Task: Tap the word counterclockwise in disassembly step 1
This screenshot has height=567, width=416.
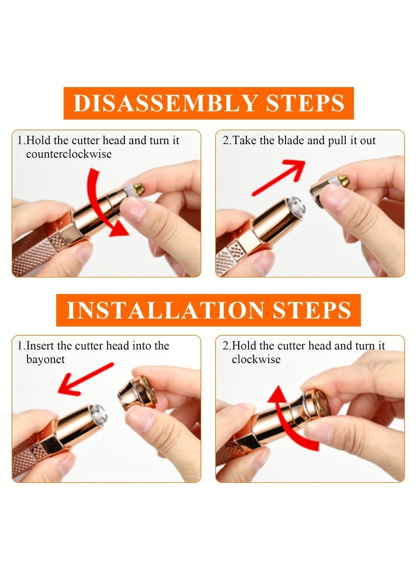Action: pyautogui.click(x=69, y=154)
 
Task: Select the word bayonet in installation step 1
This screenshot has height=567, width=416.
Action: pyautogui.click(x=45, y=360)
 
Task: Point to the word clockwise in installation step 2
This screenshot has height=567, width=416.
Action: pyautogui.click(x=256, y=360)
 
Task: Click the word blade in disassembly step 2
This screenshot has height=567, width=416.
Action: pyautogui.click(x=291, y=140)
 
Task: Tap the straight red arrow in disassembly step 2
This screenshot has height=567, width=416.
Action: pyautogui.click(x=278, y=177)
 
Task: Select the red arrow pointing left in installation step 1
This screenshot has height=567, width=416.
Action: pyautogui.click(x=85, y=379)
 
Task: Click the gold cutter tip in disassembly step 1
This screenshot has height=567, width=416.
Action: pyautogui.click(x=138, y=188)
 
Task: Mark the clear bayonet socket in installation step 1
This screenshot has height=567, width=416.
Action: pyautogui.click(x=98, y=413)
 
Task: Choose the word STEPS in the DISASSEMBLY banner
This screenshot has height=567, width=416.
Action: pyautogui.click(x=305, y=103)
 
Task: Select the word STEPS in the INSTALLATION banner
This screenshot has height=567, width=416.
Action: pyautogui.click(x=311, y=310)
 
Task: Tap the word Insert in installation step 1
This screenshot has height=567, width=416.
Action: pyautogui.click(x=40, y=346)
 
